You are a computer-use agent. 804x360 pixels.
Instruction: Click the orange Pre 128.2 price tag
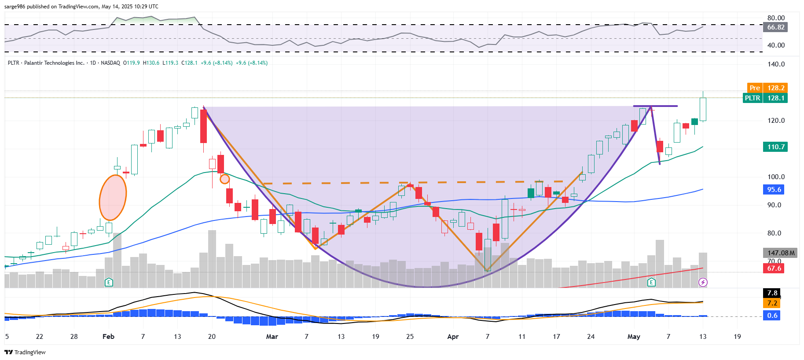767,88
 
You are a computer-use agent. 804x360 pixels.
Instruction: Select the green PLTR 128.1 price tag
765,98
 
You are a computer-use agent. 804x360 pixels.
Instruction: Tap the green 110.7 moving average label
775,147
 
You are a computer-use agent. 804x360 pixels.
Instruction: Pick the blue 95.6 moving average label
774,190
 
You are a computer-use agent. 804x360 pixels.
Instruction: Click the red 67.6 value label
774,268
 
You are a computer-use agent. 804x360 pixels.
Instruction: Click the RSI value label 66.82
775,27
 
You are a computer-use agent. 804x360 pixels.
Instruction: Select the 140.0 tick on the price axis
776,64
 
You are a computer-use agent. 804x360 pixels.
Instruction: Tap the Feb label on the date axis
108,337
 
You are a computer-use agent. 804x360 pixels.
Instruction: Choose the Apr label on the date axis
453,337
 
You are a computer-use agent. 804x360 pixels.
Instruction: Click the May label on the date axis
634,337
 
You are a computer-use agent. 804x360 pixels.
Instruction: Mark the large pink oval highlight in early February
113,198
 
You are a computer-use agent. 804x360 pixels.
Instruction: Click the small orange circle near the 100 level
224,179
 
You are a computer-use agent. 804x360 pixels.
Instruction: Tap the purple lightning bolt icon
703,282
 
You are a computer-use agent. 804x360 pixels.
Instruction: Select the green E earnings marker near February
109,282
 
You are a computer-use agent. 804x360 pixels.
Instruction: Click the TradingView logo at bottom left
25,352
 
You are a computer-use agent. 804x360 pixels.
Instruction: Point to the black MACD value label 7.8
772,293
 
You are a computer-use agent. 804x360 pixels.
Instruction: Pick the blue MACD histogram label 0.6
772,316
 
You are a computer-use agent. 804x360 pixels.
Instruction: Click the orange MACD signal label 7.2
772,303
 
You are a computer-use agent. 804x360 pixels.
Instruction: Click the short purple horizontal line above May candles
655,106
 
